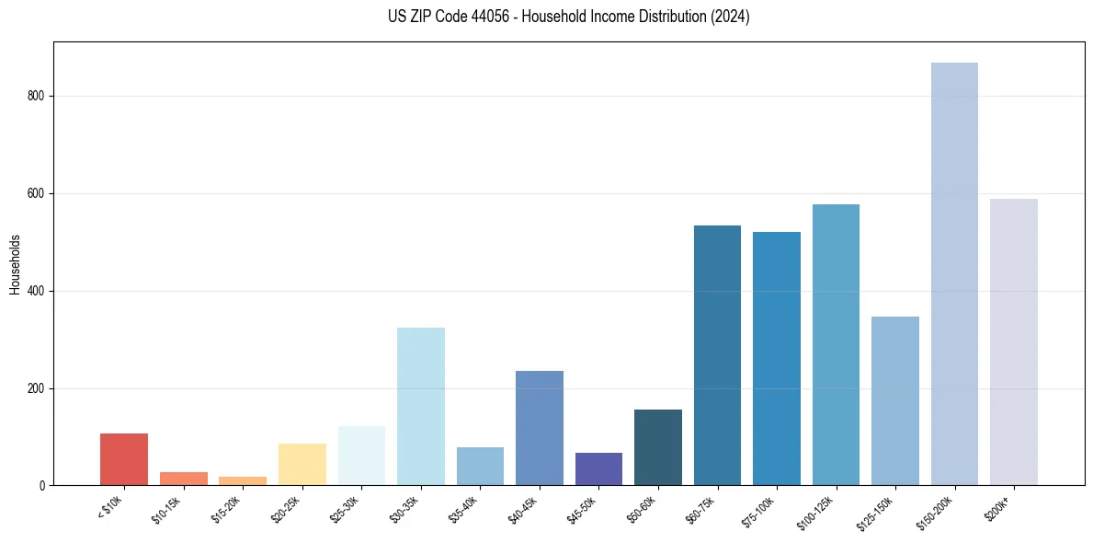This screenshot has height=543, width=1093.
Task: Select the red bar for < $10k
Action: coord(124,459)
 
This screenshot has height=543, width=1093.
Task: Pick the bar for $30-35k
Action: coord(421,406)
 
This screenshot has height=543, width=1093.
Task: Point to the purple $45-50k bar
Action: coord(598,469)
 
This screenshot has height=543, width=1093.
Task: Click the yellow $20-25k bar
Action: coord(302,465)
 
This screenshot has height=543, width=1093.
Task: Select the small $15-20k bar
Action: coord(243,480)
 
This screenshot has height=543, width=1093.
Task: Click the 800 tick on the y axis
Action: coord(37,96)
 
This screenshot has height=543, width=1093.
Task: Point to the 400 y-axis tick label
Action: coord(37,291)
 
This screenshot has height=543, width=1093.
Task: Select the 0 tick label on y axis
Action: coord(43,486)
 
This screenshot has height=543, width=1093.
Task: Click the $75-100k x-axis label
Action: coord(758,510)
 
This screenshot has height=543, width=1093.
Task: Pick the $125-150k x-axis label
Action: coord(875,512)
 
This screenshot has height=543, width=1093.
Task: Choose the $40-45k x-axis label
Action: coord(522,509)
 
